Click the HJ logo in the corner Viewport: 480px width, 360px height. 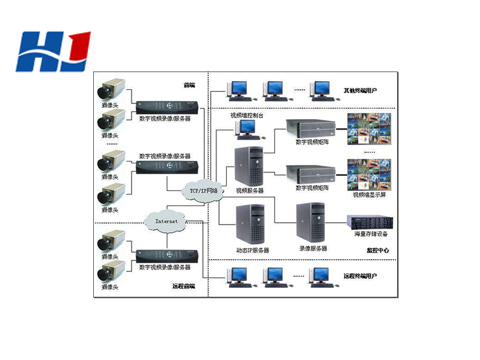coord(54,51)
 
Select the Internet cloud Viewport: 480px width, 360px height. coord(167,221)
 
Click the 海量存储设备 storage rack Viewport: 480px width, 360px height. coord(370,221)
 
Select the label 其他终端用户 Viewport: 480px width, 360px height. coord(360,91)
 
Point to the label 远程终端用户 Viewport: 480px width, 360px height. coord(360,276)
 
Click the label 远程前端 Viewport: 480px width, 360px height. coord(183,286)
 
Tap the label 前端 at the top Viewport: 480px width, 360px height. coord(189,85)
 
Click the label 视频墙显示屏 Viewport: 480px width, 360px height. coord(370,194)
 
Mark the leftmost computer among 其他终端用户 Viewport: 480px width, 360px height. coord(238,91)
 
